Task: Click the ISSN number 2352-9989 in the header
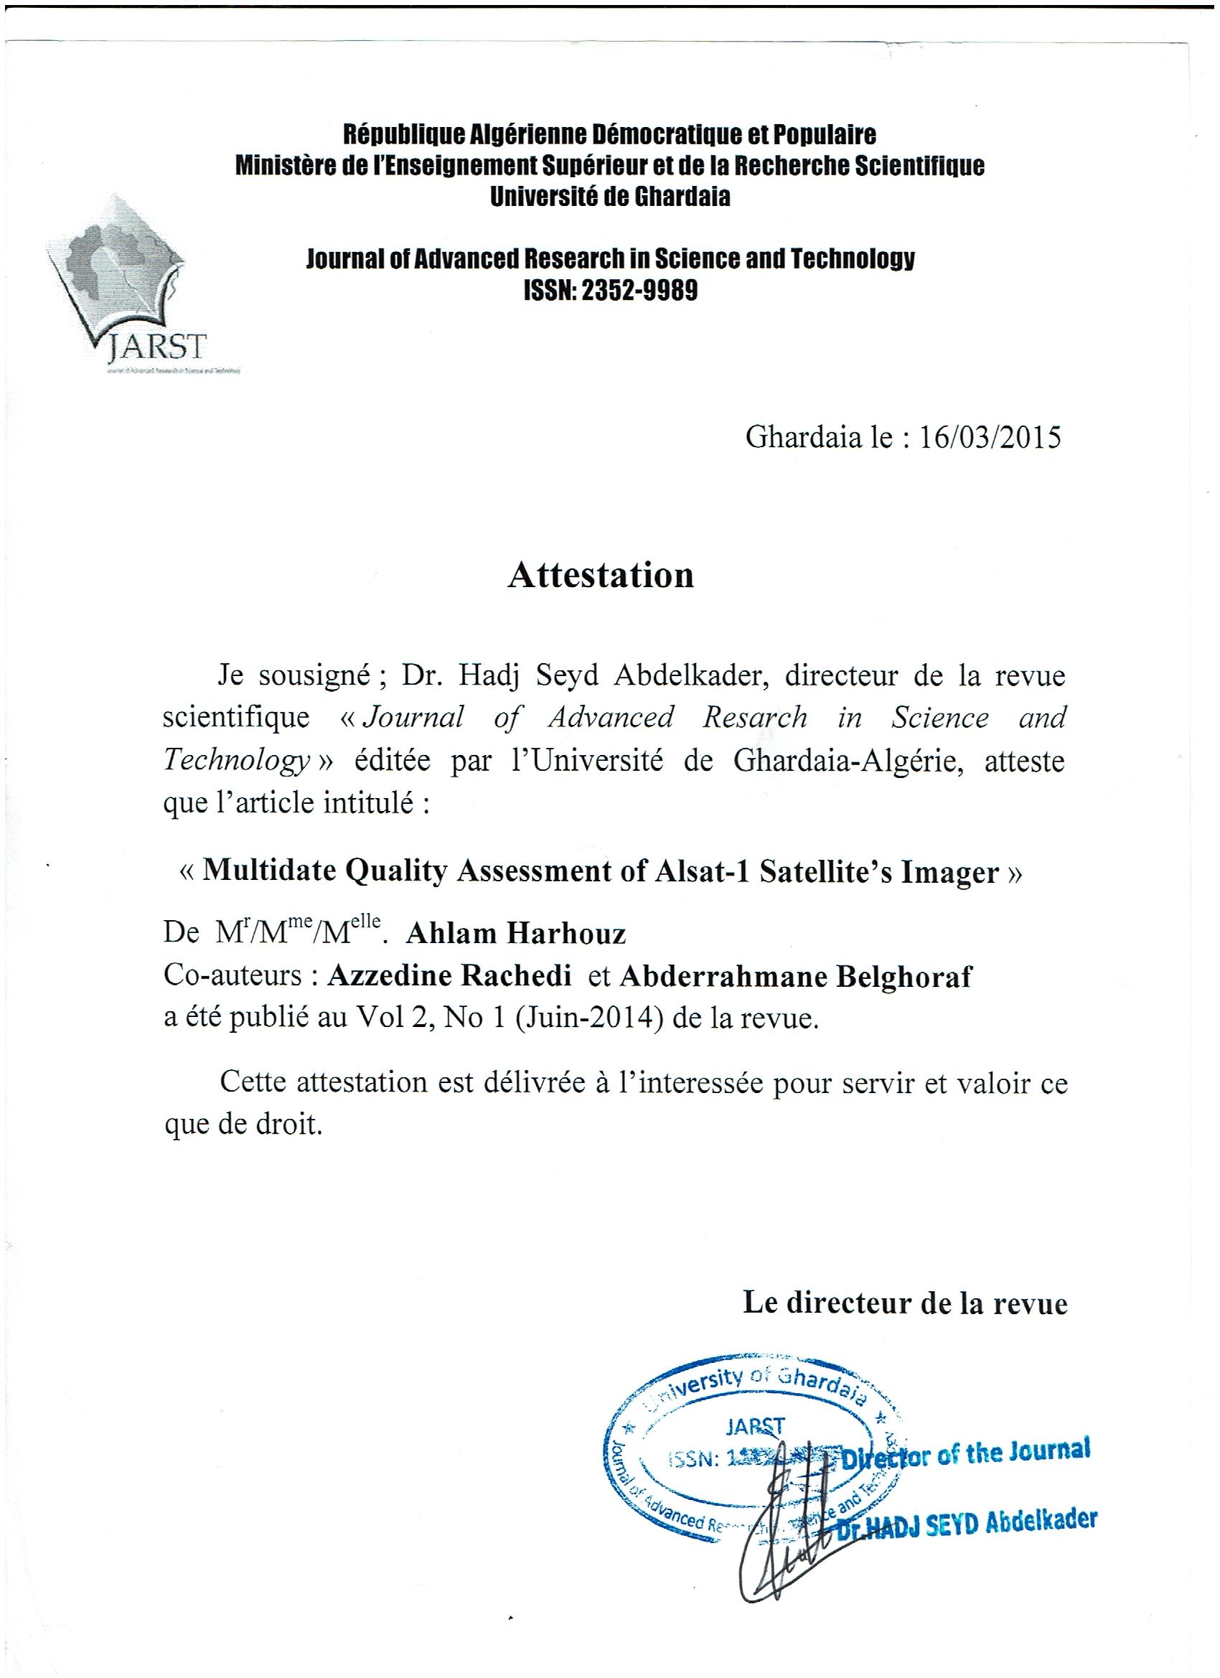pyautogui.click(x=639, y=291)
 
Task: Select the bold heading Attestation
pyautogui.click(x=600, y=574)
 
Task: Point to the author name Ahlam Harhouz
pyautogui.click(x=517, y=934)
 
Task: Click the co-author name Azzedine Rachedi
pyautogui.click(x=450, y=978)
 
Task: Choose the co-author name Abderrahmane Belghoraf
pyautogui.click(x=794, y=978)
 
